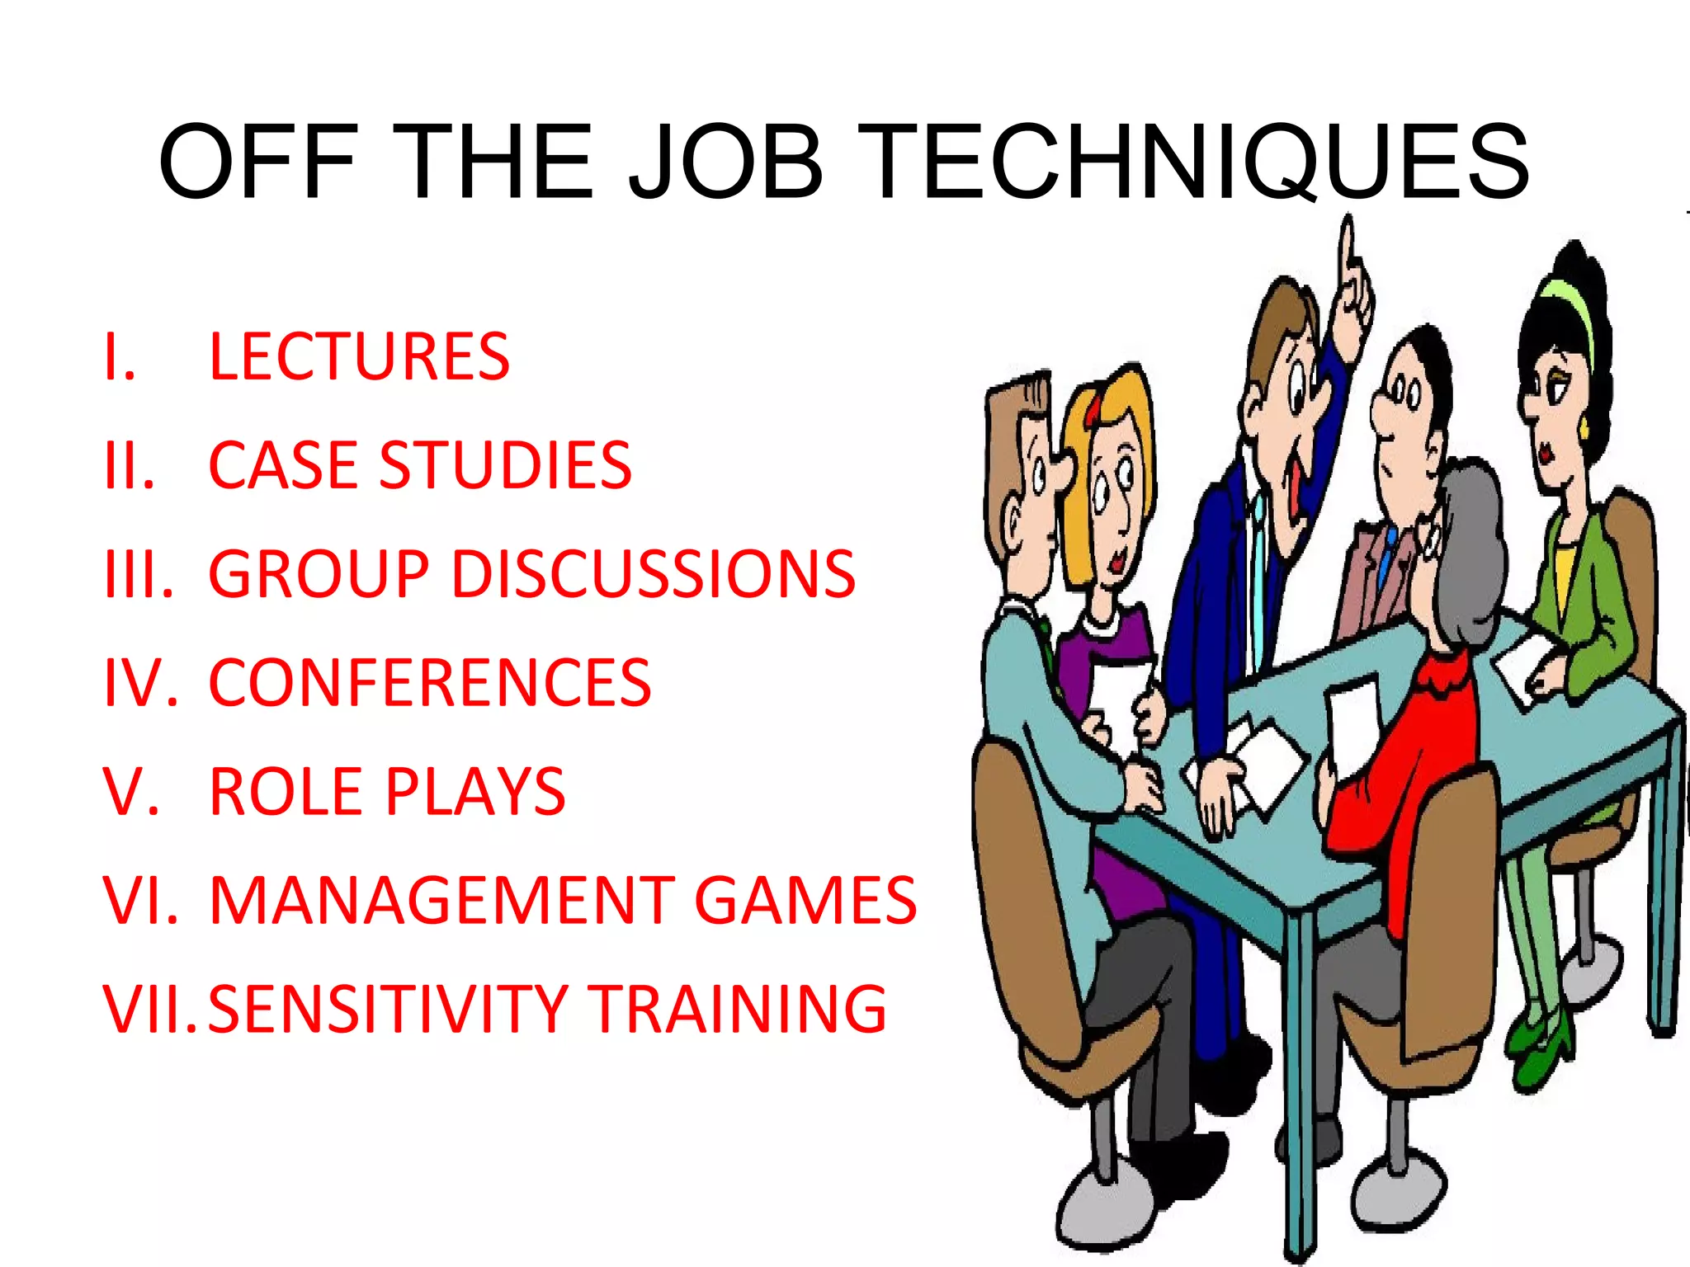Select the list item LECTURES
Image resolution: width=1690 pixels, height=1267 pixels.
point(360,357)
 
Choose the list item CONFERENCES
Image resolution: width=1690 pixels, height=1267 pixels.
point(430,683)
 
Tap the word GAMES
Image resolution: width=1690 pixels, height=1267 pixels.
point(805,900)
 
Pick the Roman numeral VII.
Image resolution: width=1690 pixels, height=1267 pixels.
point(149,1009)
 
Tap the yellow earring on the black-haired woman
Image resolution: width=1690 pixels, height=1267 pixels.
point(1584,429)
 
